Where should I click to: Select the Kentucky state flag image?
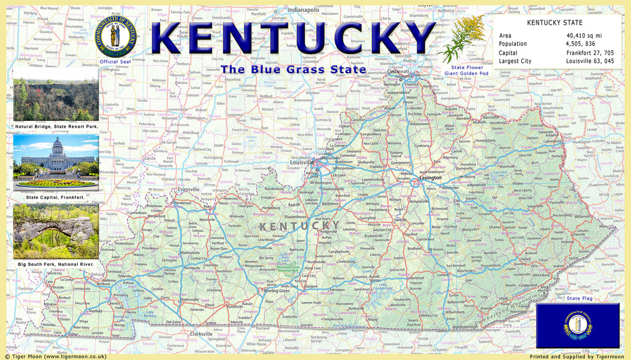coord(577,325)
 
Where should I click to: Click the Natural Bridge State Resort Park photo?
coord(55,99)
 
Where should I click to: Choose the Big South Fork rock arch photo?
coord(55,232)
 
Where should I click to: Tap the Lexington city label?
coord(431,178)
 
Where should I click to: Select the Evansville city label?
coord(189,189)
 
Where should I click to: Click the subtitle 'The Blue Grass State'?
coord(293,70)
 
